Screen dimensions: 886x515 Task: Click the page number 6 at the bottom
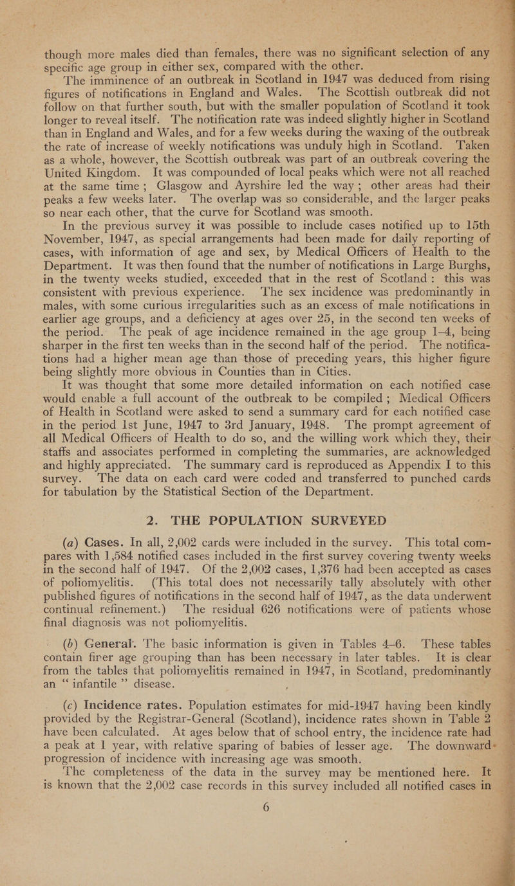point(254,843)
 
